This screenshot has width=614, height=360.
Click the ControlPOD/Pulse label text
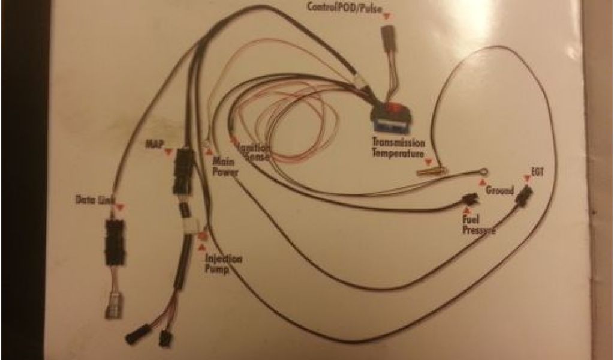345,7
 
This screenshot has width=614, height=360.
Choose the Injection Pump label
223,264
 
